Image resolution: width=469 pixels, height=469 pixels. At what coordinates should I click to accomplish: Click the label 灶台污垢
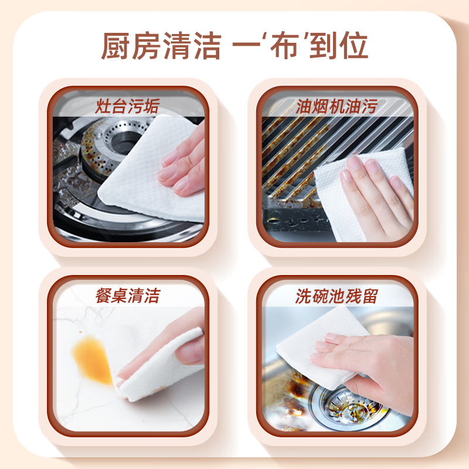point(127,107)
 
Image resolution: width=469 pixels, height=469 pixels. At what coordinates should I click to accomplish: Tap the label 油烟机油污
point(336,107)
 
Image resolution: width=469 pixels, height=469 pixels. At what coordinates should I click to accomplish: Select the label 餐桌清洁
point(127,295)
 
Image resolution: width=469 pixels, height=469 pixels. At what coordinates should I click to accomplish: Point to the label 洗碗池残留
point(336,295)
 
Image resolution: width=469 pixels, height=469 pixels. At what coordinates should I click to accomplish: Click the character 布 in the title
point(280,46)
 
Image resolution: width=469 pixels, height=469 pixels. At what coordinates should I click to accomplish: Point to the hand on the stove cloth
point(185,161)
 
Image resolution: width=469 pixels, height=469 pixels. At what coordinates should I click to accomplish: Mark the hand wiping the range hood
point(375,193)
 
